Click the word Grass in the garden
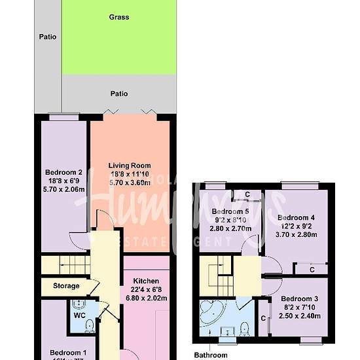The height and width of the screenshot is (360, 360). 118,17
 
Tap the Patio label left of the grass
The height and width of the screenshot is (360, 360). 47,37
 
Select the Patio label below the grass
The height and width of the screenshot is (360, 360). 118,94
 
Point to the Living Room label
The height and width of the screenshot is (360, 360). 130,166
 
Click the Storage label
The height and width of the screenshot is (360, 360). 66,286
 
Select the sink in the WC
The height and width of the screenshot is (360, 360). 77,305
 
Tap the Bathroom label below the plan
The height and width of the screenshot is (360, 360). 211,355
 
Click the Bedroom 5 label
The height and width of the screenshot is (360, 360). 230,211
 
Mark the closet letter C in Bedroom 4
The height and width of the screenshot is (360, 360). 312,269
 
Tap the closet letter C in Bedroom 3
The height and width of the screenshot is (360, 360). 263,319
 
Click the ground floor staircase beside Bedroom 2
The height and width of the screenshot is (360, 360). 63,265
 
